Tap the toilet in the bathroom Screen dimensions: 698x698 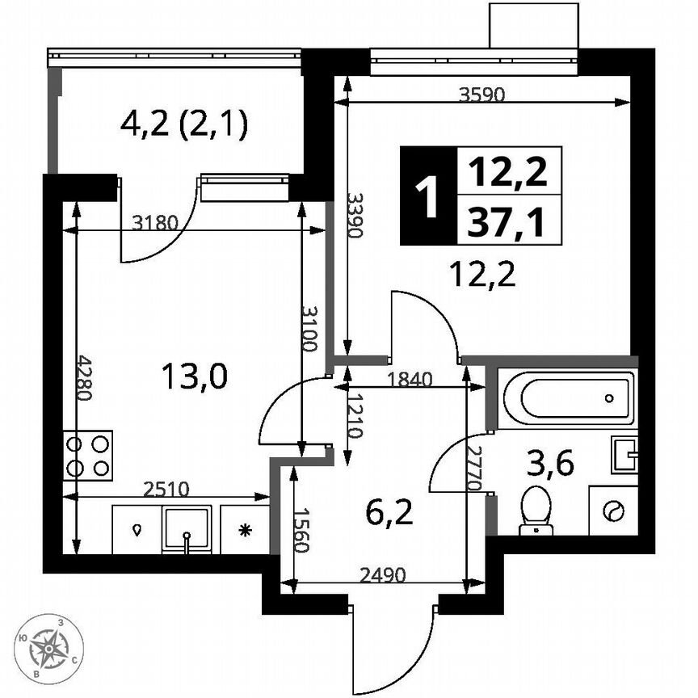click(533, 510)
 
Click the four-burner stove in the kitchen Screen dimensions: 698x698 click(88, 456)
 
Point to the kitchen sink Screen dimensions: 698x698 click(187, 528)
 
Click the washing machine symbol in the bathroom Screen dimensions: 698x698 click(613, 510)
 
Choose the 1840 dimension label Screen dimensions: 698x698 click(411, 377)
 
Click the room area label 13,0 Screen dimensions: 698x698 click(195, 375)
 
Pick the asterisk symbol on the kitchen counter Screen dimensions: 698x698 click(243, 531)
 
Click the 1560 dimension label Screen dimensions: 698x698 click(300, 529)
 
